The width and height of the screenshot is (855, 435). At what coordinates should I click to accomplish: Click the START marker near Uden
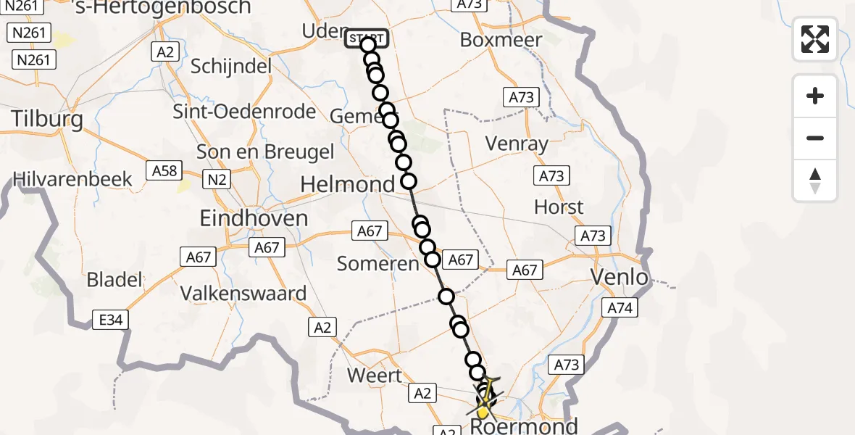click(x=367, y=38)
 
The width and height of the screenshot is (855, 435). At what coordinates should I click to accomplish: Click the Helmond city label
click(x=347, y=185)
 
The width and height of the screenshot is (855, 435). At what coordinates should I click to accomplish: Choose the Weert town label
click(x=374, y=376)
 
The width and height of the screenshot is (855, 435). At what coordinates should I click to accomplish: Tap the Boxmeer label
click(x=501, y=40)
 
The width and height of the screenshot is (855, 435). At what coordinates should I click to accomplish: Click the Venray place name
click(x=517, y=144)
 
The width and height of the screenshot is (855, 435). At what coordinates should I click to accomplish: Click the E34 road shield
click(x=106, y=318)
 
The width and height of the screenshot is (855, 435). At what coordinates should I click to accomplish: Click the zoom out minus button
click(x=815, y=138)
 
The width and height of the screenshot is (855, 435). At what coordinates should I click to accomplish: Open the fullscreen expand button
click(x=815, y=39)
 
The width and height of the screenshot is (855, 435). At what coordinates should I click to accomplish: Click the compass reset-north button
click(x=815, y=181)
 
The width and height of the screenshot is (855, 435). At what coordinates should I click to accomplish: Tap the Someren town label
click(x=378, y=265)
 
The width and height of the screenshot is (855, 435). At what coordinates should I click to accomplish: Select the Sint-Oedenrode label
click(x=244, y=112)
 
